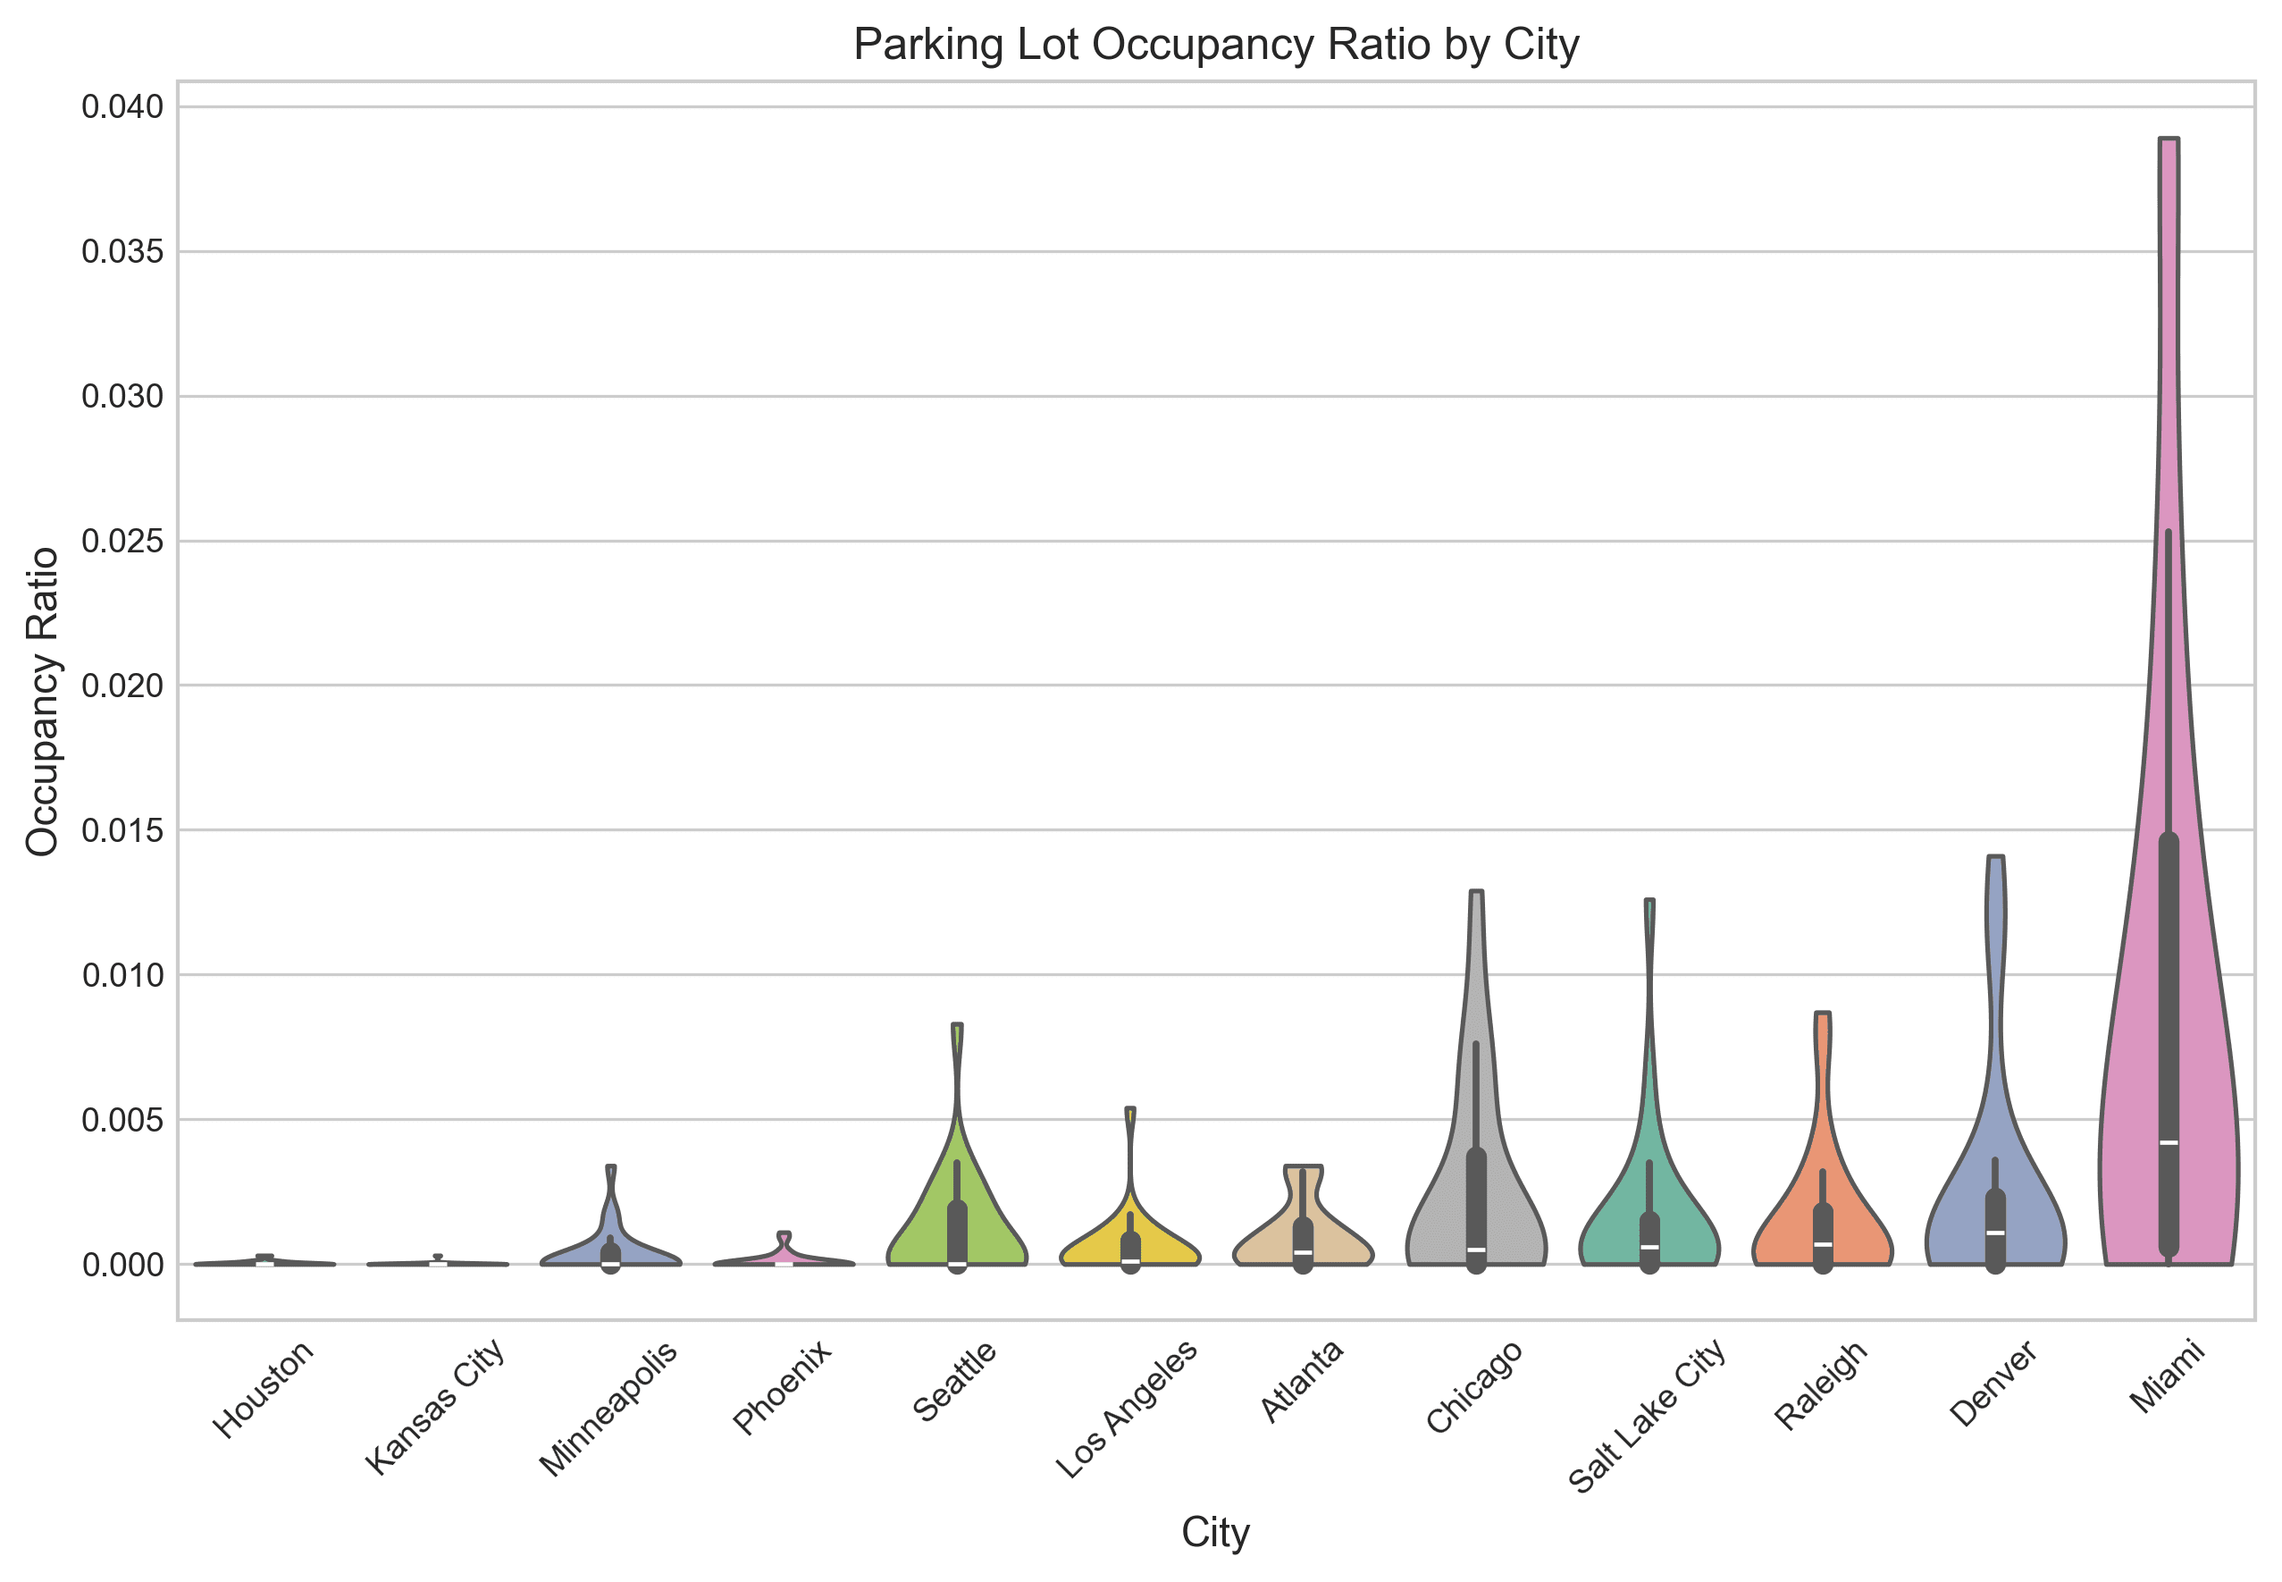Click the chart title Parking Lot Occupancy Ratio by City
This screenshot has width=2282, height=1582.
coord(1215,45)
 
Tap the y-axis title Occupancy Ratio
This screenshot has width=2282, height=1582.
coord(43,701)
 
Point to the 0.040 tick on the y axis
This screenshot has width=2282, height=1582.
coord(123,107)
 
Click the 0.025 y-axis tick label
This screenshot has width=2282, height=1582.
coord(123,542)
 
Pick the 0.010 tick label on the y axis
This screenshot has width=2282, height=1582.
coord(123,975)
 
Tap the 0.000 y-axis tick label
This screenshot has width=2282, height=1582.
coord(123,1265)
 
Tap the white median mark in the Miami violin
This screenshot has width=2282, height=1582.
coord(2168,1143)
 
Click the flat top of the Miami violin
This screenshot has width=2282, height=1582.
coord(2168,139)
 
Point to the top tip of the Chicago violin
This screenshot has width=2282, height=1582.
coord(1476,892)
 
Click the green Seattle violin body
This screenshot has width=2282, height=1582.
coord(931,1224)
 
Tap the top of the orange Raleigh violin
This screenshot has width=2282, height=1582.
coord(1822,1014)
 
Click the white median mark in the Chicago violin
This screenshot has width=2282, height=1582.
coord(1476,1250)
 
